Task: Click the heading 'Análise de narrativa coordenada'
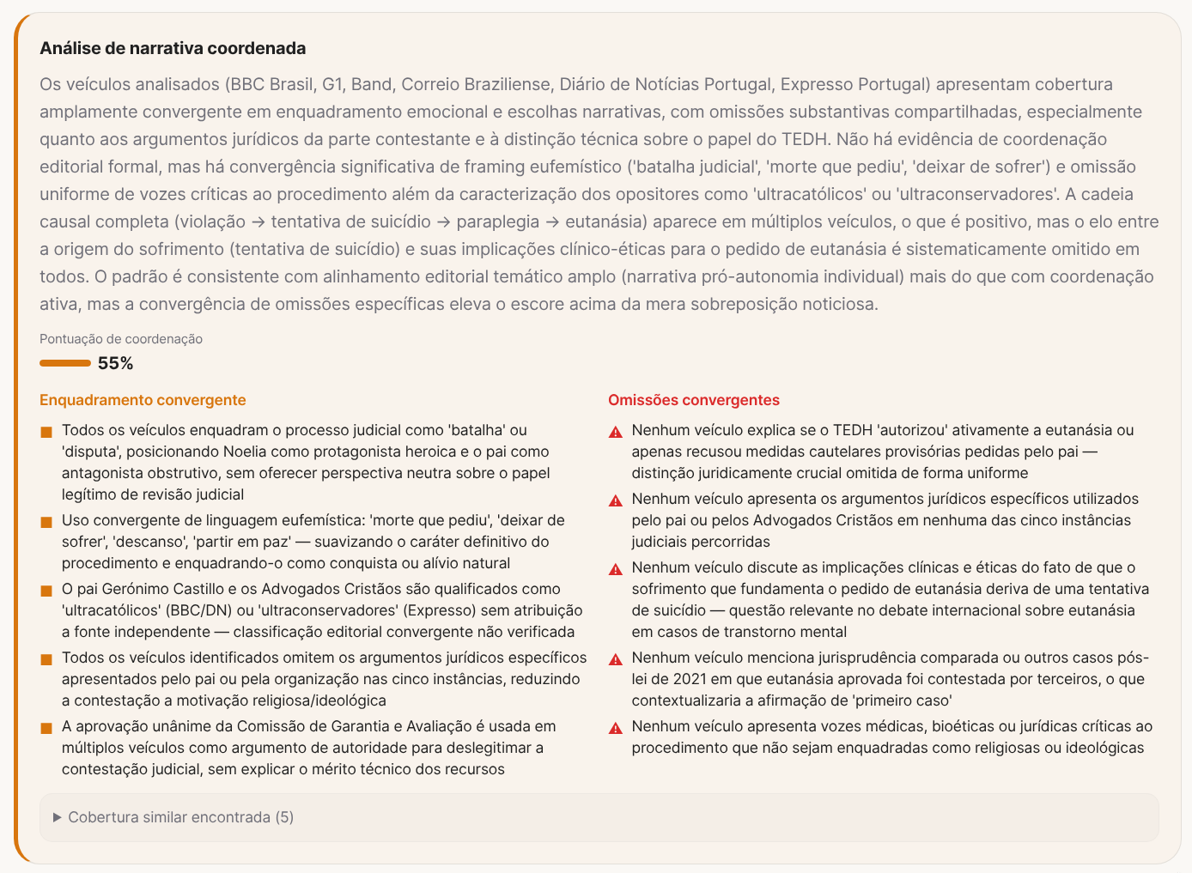[x=173, y=48]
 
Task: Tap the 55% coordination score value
[x=115, y=363]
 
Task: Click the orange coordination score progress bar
[x=65, y=363]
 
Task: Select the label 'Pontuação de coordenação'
[x=121, y=339]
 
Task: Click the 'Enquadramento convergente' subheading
[x=143, y=400]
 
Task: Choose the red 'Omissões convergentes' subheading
[x=694, y=400]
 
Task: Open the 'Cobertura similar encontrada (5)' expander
[x=180, y=817]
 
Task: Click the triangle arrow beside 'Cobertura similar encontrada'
[x=58, y=817]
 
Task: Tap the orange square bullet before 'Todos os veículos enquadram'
[x=46, y=432]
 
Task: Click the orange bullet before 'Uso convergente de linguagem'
[x=46, y=522]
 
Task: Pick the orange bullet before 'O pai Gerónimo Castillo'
[x=46, y=591]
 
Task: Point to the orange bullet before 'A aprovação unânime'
[x=46, y=728]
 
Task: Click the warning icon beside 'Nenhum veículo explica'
[x=616, y=432]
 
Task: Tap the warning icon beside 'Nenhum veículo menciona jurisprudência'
[x=616, y=659]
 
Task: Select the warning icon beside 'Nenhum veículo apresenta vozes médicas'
[x=616, y=728]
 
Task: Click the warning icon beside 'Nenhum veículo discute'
[x=616, y=569]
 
